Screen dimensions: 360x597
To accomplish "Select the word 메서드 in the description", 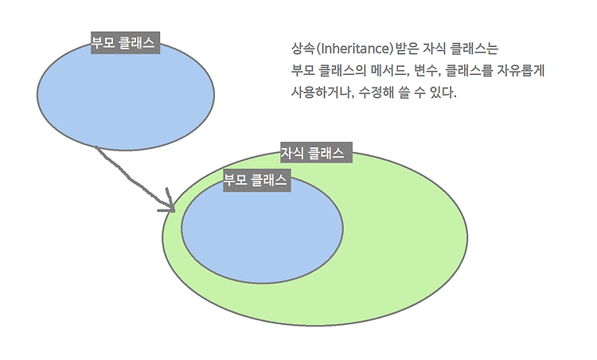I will pos(384,70).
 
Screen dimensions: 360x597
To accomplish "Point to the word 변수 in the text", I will pos(427,70).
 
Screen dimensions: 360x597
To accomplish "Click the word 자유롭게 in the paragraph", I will pos(517,70).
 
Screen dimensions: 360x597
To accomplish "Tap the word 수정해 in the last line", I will pos(377,92).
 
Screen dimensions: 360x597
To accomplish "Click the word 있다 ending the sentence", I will pos(442,92).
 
